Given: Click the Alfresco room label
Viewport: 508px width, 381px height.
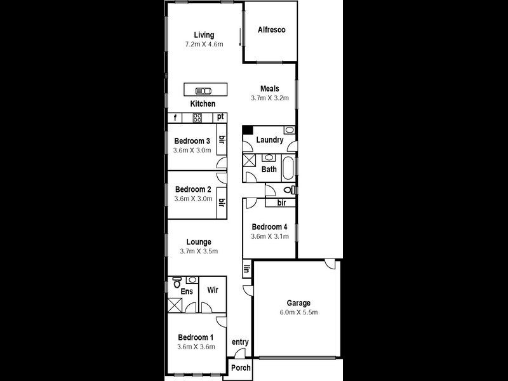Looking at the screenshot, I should click(271, 30).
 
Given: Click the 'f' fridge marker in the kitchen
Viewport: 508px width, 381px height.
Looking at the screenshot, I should click(175, 117).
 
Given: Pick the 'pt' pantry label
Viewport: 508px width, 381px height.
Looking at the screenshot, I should click(220, 117).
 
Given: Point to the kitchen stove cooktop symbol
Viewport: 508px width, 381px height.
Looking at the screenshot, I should click(197, 117).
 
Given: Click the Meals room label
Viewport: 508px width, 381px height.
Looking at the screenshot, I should click(270, 89).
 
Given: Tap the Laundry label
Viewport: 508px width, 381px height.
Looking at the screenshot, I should click(270, 140).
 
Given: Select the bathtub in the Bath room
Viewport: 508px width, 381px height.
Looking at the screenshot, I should click(288, 169).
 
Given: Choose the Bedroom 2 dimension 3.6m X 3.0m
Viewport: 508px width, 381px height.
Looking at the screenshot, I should click(192, 199).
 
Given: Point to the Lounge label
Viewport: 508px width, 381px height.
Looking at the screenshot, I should click(199, 242).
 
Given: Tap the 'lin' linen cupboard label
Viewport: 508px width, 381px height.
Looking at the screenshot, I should click(246, 270).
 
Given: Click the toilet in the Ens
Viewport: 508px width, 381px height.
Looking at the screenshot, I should click(177, 281).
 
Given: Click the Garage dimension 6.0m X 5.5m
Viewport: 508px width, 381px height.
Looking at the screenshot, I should click(298, 313).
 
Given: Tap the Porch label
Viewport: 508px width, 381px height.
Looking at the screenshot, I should click(241, 368).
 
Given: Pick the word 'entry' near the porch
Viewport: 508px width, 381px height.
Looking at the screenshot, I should click(240, 342).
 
